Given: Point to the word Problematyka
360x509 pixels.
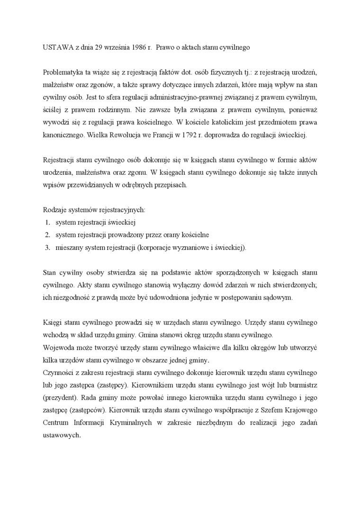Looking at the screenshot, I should [x=63, y=72].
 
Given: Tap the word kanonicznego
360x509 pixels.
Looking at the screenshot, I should [x=63, y=135].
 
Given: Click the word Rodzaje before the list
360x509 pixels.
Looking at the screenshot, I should [x=55, y=210].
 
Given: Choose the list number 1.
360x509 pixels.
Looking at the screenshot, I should [x=48, y=222].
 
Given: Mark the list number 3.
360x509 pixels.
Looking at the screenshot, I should [x=48, y=247].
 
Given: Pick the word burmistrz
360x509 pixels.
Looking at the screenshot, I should [x=302, y=385].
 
